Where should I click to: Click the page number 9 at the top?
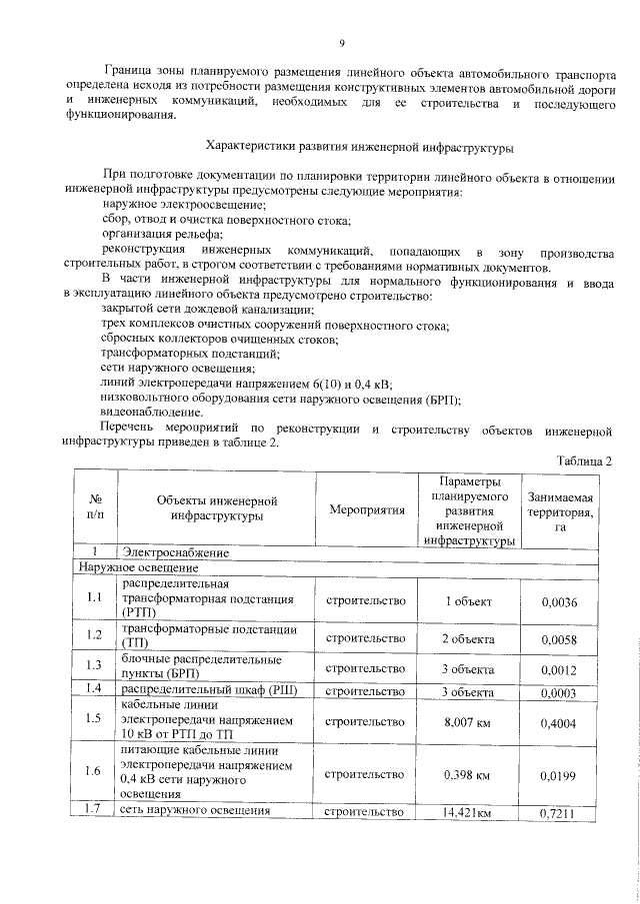pyautogui.click(x=340, y=42)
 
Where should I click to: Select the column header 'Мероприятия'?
pyautogui.click(x=366, y=509)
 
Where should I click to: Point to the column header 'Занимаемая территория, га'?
pyautogui.click(x=560, y=509)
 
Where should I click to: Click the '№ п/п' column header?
pyautogui.click(x=96, y=509)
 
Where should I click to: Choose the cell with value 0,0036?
pyautogui.click(x=559, y=600)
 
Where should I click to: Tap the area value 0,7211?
pyautogui.click(x=559, y=813)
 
